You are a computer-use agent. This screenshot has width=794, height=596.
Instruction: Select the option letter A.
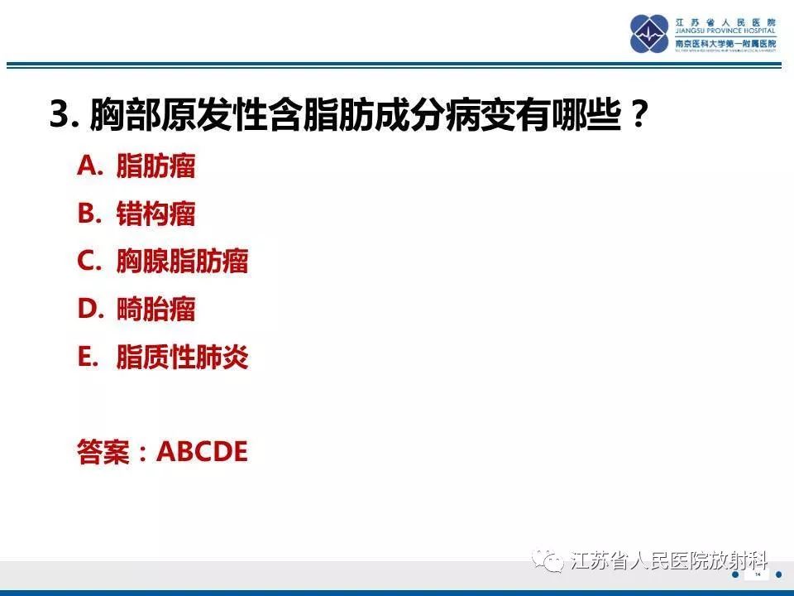88,166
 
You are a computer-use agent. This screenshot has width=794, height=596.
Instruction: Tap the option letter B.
88,214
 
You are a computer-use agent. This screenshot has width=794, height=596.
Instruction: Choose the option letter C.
88,262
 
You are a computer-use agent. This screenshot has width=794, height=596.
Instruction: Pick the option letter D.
88,310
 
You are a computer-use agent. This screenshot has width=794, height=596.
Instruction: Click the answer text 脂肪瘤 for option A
155,166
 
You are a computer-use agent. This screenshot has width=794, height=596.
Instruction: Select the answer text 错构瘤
155,214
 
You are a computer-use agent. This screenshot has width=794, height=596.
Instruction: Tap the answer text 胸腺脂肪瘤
182,262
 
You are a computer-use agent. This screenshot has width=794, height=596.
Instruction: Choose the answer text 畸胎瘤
155,310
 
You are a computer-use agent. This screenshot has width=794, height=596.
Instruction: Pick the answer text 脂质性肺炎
182,358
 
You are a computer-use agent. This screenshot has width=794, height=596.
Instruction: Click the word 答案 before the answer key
103,452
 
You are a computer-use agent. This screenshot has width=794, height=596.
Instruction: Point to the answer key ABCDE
202,452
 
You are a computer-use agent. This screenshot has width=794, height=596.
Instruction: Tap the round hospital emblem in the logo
650,34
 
